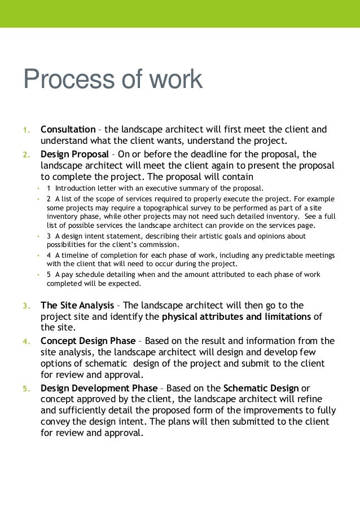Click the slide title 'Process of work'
click(112, 80)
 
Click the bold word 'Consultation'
click(68, 129)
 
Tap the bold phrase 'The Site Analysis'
click(77, 305)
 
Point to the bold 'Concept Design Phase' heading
click(88, 341)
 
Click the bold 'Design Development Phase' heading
click(98, 389)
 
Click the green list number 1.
click(26, 130)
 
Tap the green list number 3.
click(26, 306)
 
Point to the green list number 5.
click(26, 389)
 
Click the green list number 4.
click(26, 341)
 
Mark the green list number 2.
click(26, 155)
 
